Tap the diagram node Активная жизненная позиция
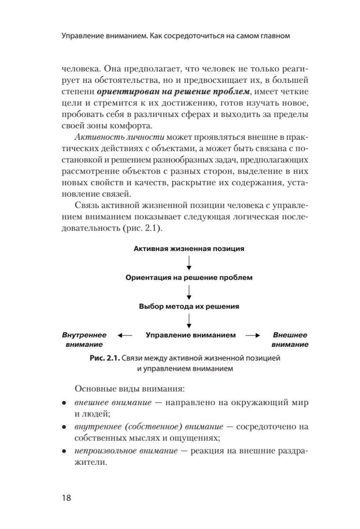(x=189, y=249)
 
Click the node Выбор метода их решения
(x=189, y=306)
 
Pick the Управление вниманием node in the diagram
(x=190, y=335)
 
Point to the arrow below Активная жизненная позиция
(x=189, y=263)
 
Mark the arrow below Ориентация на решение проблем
(x=189, y=292)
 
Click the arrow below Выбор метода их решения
(x=189, y=320)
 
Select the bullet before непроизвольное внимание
(x=64, y=452)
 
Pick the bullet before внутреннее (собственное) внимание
(x=64, y=428)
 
